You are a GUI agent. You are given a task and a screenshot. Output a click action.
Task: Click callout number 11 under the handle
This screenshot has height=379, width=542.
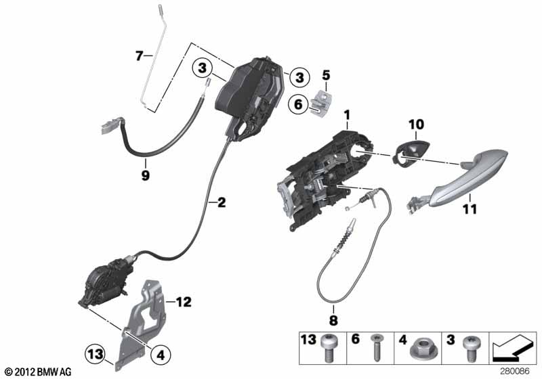pos(470,209)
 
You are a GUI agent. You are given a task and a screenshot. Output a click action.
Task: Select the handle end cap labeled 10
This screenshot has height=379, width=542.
pos(412,151)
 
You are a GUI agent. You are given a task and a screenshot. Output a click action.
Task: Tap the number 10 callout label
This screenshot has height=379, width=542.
pos(416,125)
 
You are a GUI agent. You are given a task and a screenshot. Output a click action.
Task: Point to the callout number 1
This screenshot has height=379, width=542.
pos(347,114)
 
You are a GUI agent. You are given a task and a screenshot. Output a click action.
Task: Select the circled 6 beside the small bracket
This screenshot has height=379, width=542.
pos(299,104)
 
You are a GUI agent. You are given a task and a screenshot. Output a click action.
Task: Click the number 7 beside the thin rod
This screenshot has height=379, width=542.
pos(140,55)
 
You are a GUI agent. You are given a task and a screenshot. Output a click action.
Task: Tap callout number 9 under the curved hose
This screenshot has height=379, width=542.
pos(146,175)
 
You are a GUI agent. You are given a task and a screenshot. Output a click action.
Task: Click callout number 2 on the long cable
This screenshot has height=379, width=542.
pos(222,202)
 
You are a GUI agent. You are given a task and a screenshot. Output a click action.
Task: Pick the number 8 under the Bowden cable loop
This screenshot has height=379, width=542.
pos(333,320)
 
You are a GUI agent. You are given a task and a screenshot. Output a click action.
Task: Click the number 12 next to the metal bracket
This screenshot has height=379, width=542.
pos(184,302)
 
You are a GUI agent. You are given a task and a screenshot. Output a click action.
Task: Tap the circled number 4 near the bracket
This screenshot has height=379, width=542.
pos(161,355)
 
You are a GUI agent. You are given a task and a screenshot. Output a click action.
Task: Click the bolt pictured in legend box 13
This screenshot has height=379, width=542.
pos(327,348)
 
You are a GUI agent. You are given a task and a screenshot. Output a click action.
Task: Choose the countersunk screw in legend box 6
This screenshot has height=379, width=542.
pos(376,348)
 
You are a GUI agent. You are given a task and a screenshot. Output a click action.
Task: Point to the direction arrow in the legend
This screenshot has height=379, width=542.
pos(512,347)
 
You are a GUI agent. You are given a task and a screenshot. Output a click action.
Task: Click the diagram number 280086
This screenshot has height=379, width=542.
pos(515,372)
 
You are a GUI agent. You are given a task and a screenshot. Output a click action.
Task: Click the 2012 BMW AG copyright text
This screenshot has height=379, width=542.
pos(39,372)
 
